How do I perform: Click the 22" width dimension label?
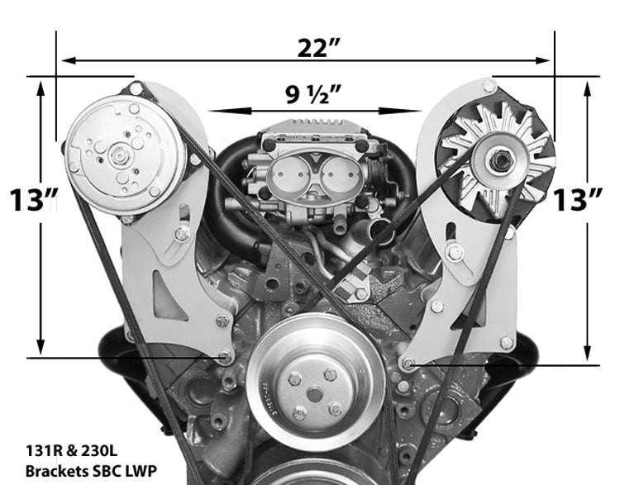click(319, 48)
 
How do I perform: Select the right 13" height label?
click(580, 200)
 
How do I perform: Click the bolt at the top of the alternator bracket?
click(489, 86)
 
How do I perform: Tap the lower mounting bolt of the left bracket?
click(224, 356)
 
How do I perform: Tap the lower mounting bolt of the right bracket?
click(408, 361)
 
